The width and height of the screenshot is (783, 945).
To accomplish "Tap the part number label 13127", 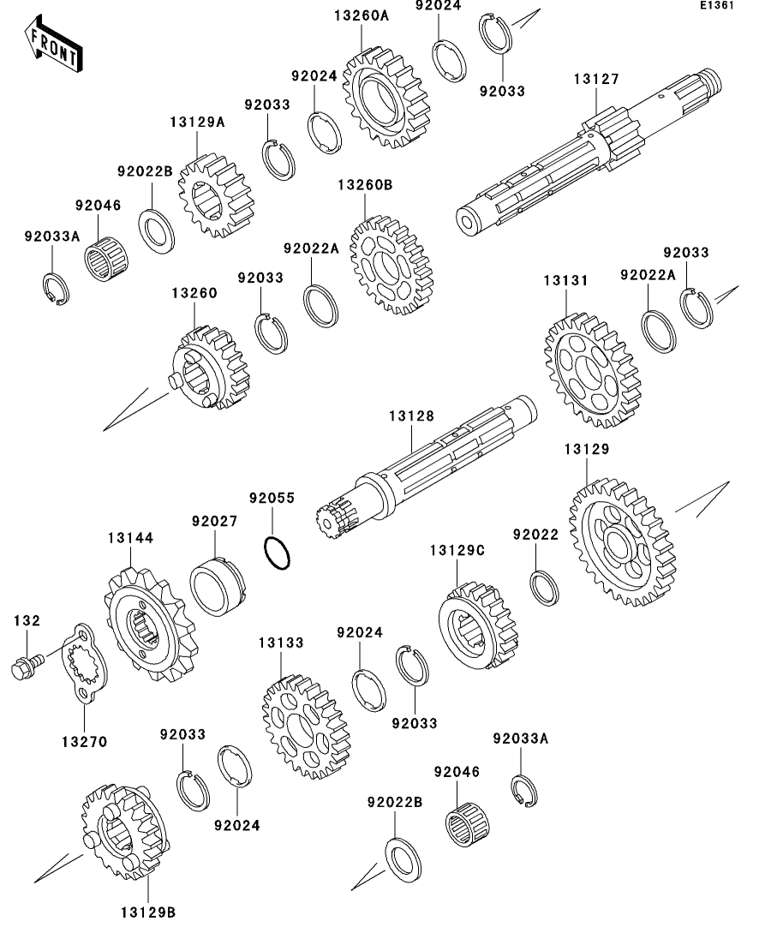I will (x=595, y=80).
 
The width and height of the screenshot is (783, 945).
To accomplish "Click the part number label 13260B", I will (x=364, y=184).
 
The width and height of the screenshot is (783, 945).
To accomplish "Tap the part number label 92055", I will (x=272, y=498).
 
